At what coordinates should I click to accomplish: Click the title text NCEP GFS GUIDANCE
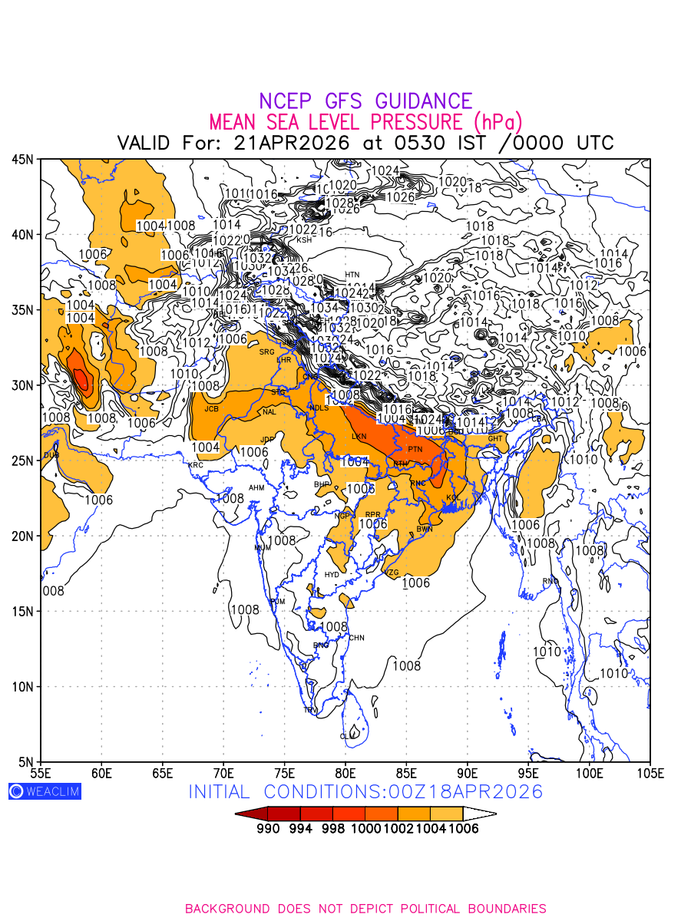coord(365,101)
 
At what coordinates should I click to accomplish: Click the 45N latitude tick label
coord(21,160)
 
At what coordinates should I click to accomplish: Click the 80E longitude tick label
coord(345,772)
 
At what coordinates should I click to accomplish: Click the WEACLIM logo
coord(45,791)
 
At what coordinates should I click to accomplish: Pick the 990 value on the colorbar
coord(269,828)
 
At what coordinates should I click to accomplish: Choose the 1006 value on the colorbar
coord(464,828)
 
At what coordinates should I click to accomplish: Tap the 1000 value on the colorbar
coord(366,828)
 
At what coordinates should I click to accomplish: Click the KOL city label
coord(453,497)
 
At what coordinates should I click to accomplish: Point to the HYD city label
coord(332,574)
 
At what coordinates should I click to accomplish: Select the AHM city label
coord(256,488)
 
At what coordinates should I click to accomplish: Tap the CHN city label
coord(356,638)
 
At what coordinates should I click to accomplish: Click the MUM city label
coord(263,548)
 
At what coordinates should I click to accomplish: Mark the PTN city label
coord(415,449)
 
